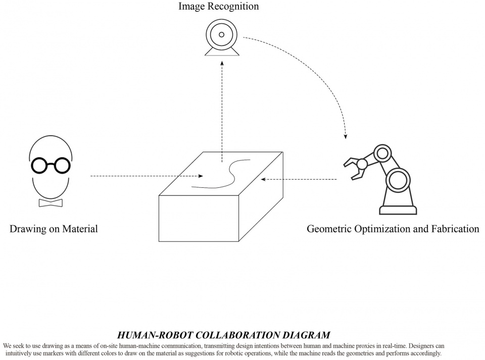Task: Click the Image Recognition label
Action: (x=218, y=6)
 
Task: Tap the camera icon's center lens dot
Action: (x=221, y=35)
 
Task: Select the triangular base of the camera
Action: (x=222, y=52)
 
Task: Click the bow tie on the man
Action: (x=51, y=202)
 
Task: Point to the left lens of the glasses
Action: (x=39, y=165)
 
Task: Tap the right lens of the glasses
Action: (x=62, y=165)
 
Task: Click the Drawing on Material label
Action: (x=54, y=229)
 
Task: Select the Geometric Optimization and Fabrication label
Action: (x=393, y=229)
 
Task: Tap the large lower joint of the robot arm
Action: (x=398, y=181)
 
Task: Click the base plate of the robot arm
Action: (x=398, y=211)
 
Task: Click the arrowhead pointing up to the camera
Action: (x=222, y=63)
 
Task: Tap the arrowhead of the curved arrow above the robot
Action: (x=346, y=136)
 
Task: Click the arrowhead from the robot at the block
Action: (x=263, y=179)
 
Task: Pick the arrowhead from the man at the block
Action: (x=201, y=176)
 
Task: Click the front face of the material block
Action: (x=199, y=218)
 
